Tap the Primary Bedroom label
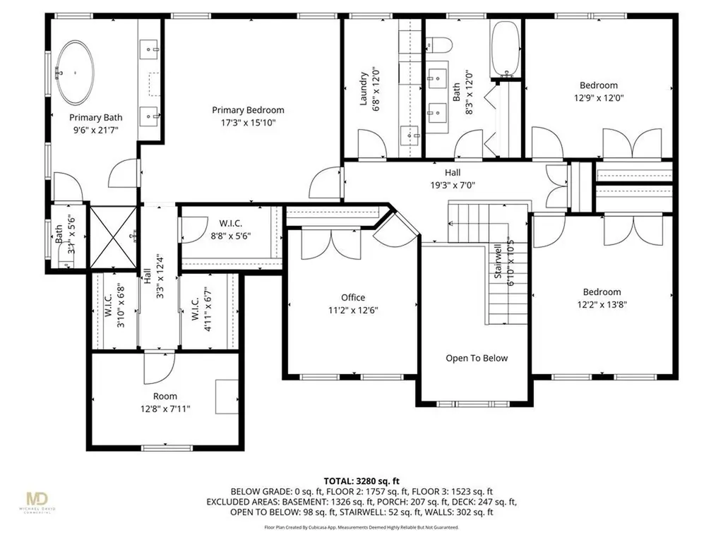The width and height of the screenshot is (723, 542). coord(248,110)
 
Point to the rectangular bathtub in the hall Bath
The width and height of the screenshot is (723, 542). coord(506,48)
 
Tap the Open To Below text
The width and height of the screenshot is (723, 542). coord(476,358)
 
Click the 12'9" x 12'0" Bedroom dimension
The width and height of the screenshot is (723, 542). coord(598,99)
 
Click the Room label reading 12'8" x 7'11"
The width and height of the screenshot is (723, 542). coord(165,409)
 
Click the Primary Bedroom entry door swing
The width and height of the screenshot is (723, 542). coord(325,183)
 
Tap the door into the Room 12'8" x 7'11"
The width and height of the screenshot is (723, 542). coord(158,365)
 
